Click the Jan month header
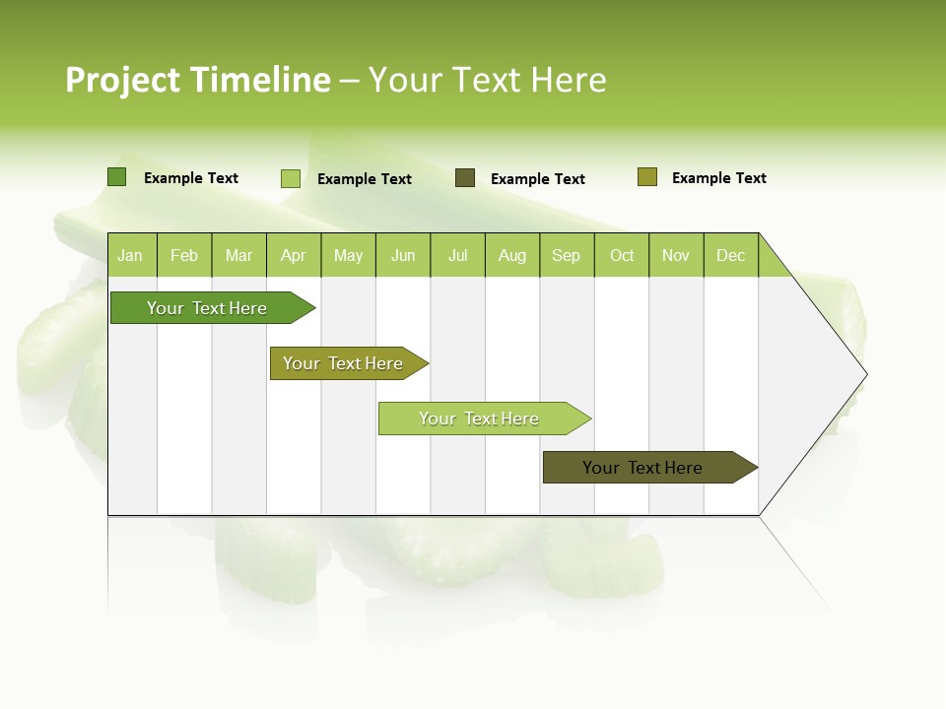click(131, 255)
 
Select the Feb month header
click(184, 255)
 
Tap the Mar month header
click(238, 255)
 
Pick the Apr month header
click(294, 255)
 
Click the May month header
click(348, 255)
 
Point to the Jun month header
click(403, 255)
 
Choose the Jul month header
click(457, 255)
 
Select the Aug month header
click(512, 255)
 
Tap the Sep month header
click(567, 255)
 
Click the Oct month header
click(622, 255)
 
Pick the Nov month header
click(676, 255)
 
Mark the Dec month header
click(731, 255)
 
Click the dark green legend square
click(117, 177)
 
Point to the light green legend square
click(291, 178)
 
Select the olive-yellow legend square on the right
click(647, 177)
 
